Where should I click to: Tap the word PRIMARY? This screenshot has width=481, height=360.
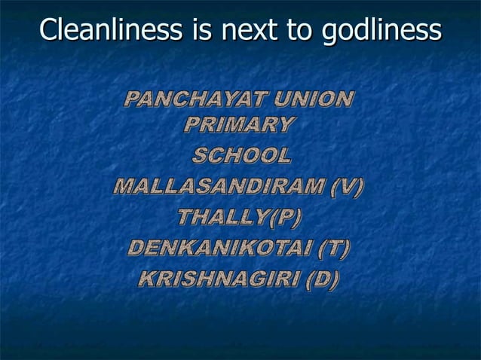click(x=237, y=125)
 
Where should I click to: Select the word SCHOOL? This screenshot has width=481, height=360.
click(x=240, y=157)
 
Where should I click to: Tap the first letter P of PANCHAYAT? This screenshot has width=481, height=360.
click(x=132, y=99)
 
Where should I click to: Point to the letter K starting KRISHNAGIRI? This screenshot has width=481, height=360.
click(x=148, y=278)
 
